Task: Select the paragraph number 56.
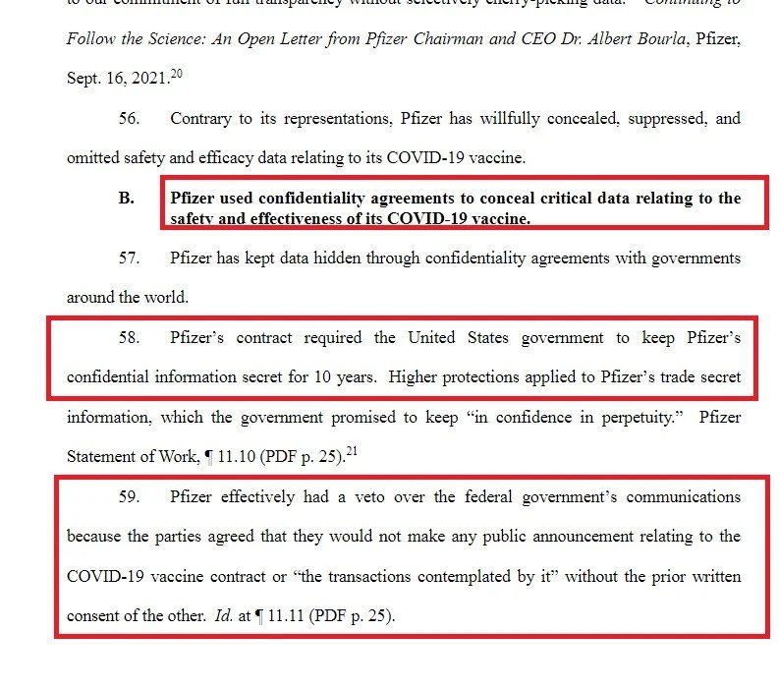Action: pos(130,118)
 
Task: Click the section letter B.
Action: pos(126,198)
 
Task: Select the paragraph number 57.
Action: pos(130,258)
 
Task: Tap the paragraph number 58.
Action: pos(130,338)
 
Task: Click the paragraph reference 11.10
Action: pos(231,456)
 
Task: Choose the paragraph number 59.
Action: pos(130,497)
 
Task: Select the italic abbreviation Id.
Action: pos(223,616)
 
